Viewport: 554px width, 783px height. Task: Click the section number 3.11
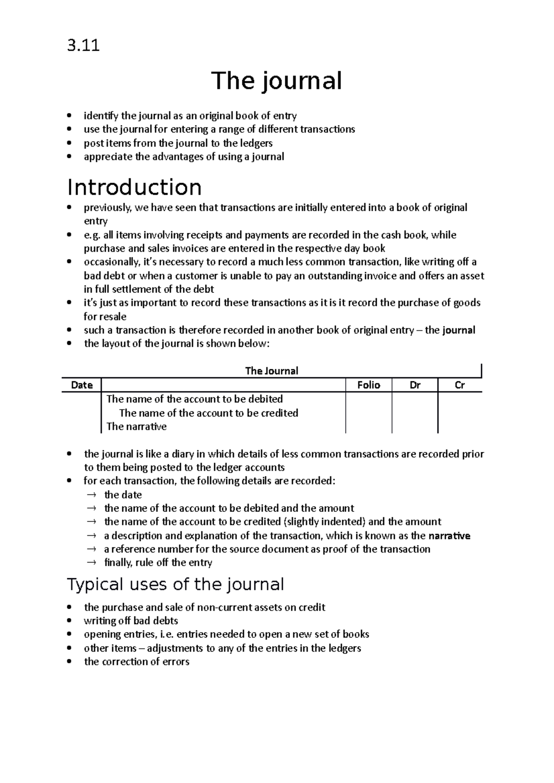[83, 46]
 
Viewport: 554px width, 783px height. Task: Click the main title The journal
[276, 81]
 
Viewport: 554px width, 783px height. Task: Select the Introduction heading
[134, 187]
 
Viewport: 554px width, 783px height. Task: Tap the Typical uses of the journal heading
[175, 584]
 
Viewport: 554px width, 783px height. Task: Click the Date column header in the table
[82, 385]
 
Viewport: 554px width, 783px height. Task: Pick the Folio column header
[368, 385]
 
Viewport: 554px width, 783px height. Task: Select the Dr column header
[415, 385]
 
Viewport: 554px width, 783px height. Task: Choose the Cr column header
[459, 385]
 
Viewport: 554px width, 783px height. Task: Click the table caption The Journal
[271, 371]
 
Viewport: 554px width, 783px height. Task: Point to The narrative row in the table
[136, 427]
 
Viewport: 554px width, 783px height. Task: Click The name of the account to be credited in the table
[208, 413]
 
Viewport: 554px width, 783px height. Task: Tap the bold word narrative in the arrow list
[449, 536]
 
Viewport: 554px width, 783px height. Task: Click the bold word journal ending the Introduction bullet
[458, 330]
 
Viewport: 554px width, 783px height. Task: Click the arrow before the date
[91, 495]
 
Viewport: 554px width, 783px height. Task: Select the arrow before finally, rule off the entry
[91, 563]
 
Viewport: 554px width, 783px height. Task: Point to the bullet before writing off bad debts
[69, 621]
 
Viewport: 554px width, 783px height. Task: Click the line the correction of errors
[137, 662]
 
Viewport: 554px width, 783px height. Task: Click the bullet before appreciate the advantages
[69, 157]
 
